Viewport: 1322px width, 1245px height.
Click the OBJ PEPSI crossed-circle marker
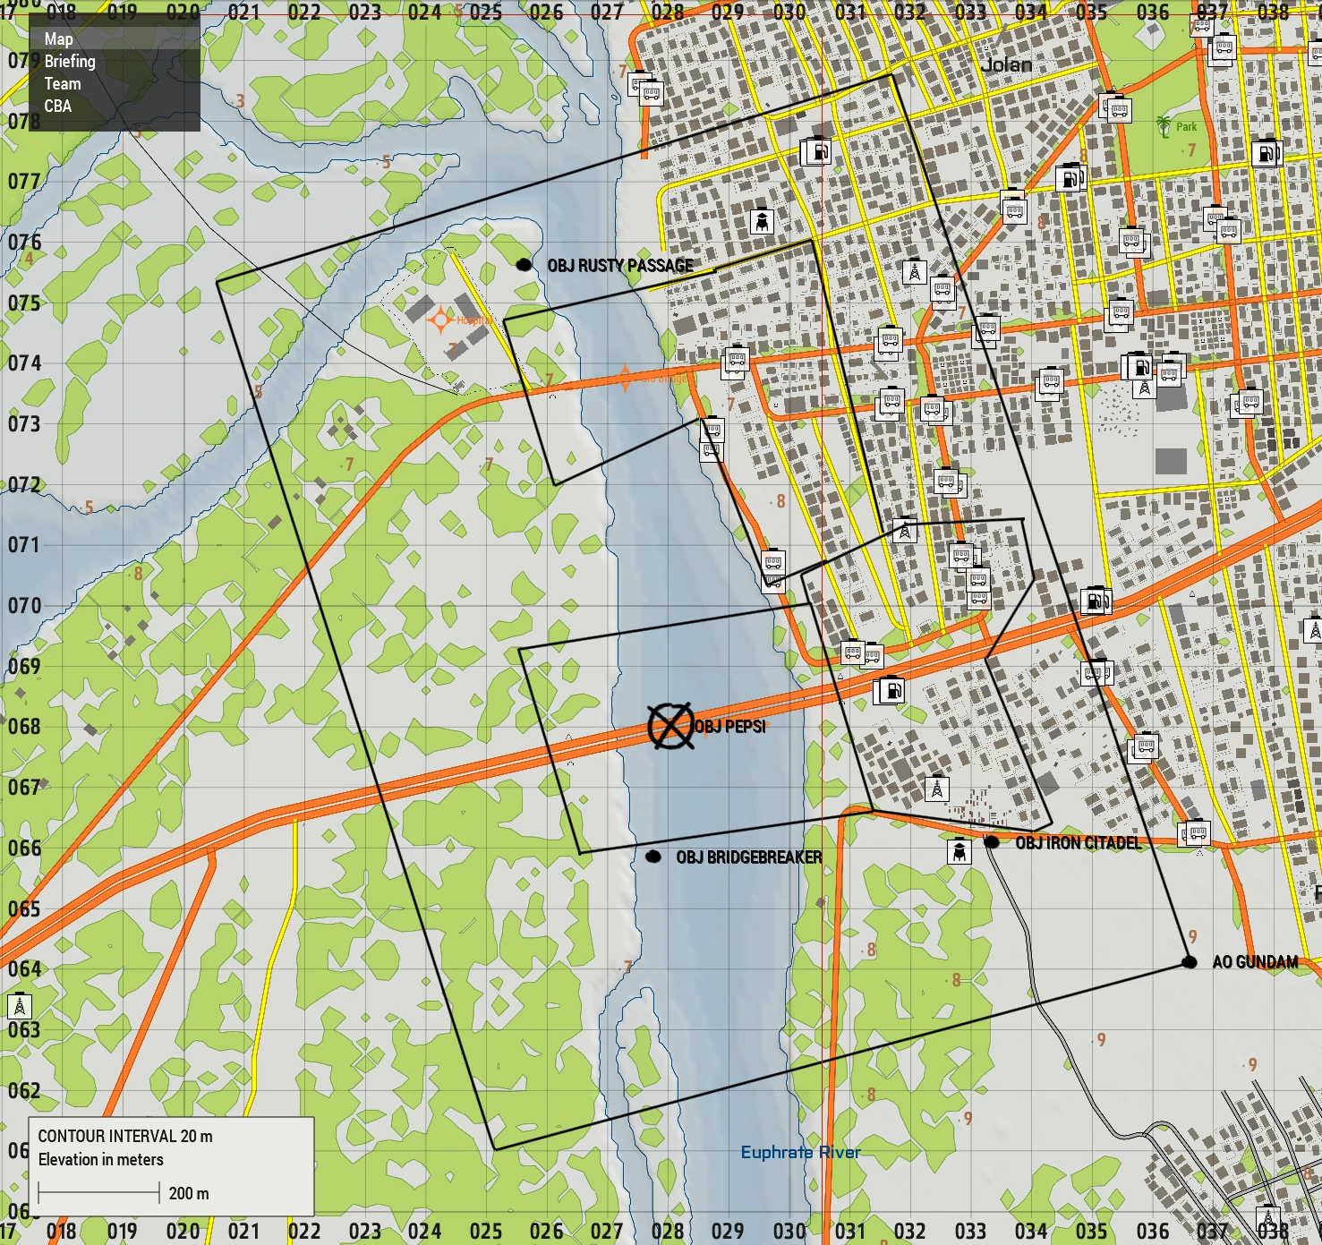pos(670,725)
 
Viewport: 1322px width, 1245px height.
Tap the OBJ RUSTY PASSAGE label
pos(620,266)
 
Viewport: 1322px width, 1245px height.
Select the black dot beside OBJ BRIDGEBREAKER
pos(653,857)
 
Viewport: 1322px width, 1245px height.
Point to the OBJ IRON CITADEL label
pos(1078,842)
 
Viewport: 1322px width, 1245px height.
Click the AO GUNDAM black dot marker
pos(1189,962)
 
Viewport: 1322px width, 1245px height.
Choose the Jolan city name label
pos(1006,64)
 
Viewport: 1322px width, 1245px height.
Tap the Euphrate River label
pos(800,1152)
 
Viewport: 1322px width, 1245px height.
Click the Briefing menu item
pos(70,62)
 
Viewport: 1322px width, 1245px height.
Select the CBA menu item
pos(58,107)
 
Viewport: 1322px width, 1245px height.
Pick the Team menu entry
pos(63,84)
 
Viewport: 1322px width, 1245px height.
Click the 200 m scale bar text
pos(189,1193)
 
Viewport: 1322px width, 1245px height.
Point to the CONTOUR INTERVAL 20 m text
pos(125,1136)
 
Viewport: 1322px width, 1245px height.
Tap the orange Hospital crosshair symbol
pos(439,320)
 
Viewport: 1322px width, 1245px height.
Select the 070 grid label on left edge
pos(24,605)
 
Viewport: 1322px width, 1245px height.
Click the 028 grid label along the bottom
pos(668,1232)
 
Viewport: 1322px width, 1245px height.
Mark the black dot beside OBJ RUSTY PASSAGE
pos(525,264)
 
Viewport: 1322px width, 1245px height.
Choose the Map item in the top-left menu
pos(59,39)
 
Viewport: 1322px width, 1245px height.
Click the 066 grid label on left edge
pos(24,848)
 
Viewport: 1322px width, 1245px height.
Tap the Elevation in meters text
pos(101,1160)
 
